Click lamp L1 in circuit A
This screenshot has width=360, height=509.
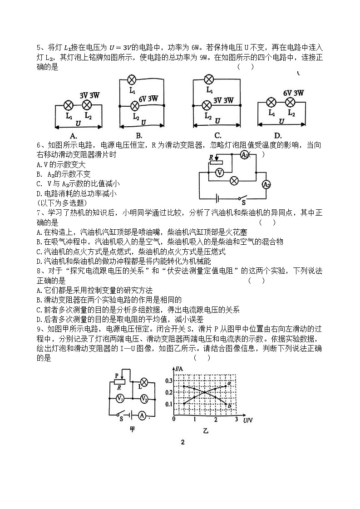point(69,105)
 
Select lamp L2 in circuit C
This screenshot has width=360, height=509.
point(206,106)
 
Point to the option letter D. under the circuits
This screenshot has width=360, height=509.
point(278,135)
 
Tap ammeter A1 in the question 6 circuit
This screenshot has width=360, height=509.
point(244,155)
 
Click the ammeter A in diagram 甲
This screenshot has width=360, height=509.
point(142,415)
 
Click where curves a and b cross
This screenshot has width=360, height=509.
point(205,392)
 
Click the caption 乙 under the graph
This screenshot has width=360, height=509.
point(205,430)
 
